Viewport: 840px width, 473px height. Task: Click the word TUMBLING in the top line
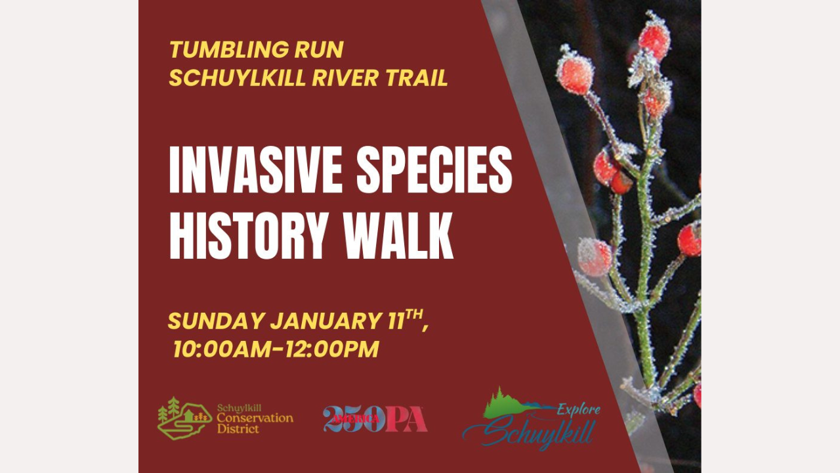pos(229,49)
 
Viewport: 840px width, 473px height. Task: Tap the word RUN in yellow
pos(319,49)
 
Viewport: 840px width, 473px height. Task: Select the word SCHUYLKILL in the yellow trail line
pos(237,78)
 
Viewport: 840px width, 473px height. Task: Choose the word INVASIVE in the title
pos(256,169)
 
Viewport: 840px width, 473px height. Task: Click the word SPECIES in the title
pos(434,169)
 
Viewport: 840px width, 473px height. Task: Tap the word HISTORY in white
pos(248,235)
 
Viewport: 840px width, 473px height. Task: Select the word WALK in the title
pos(398,235)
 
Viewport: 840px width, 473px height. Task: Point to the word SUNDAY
pos(216,321)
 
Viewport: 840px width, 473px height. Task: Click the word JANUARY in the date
pos(325,321)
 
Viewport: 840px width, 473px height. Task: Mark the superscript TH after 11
pos(414,314)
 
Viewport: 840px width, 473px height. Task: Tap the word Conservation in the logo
pos(255,418)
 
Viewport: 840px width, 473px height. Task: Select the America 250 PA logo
pos(375,419)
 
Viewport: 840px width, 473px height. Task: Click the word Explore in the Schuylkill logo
pos(579,409)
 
